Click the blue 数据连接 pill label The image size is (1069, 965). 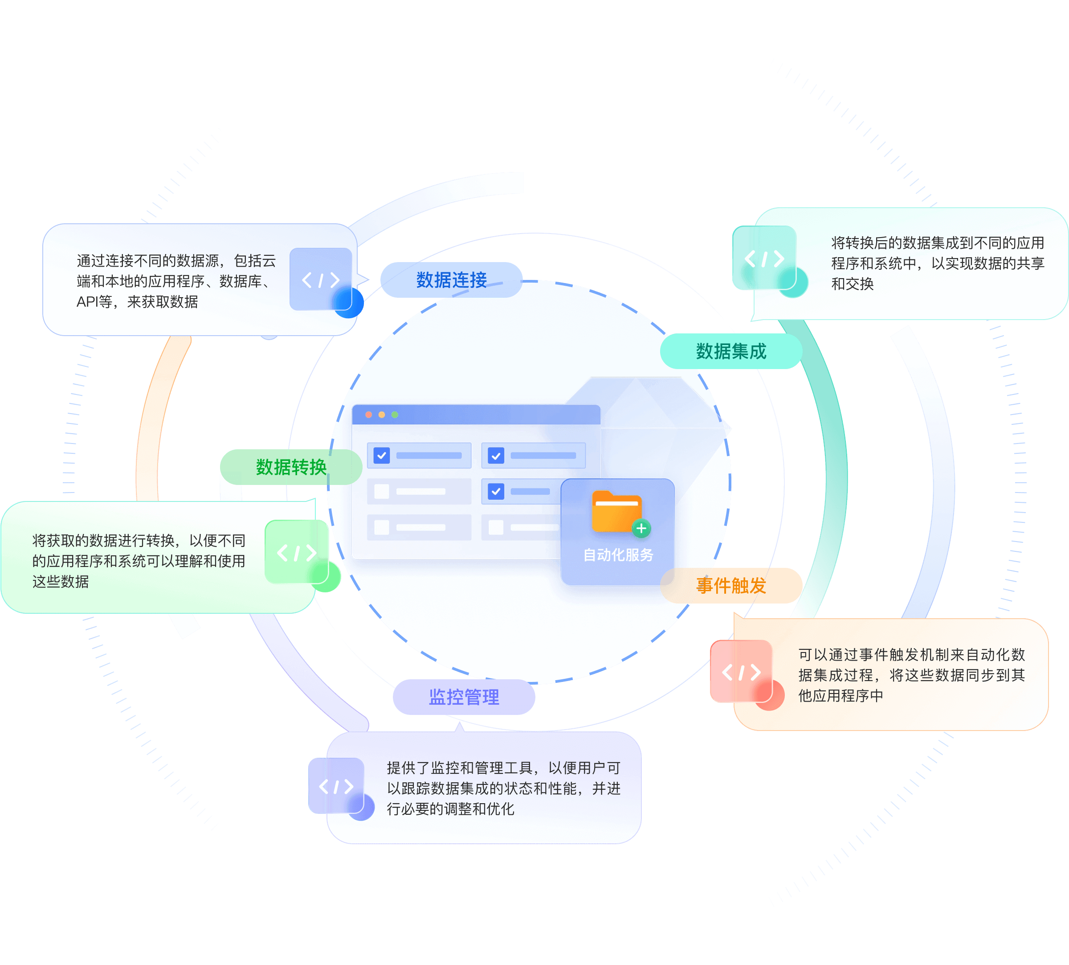click(451, 280)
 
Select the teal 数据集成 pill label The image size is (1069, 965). click(731, 351)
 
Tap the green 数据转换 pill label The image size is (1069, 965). click(291, 467)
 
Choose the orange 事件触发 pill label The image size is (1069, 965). click(731, 585)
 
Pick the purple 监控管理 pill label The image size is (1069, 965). click(464, 697)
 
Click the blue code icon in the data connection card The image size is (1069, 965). click(321, 279)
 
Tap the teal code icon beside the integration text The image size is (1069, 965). click(764, 258)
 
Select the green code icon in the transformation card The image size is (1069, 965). click(297, 553)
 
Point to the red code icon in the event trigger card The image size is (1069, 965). click(741, 672)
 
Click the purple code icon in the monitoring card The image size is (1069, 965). click(336, 786)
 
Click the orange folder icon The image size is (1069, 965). click(616, 511)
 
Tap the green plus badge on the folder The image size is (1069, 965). click(641, 528)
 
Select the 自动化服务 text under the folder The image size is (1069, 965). click(618, 554)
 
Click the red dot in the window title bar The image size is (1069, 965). click(369, 415)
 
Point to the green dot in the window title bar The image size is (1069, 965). click(395, 415)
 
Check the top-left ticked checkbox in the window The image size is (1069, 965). click(381, 456)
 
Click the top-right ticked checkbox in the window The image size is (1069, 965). click(496, 456)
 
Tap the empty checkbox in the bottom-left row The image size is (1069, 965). click(381, 527)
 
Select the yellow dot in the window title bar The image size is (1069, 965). click(381, 415)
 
